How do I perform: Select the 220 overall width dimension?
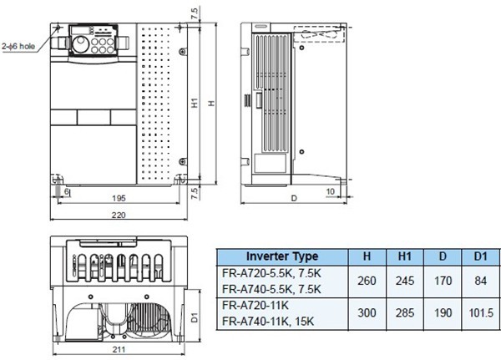[x=118, y=215]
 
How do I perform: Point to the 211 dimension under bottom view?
[x=119, y=352]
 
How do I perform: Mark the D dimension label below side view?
[x=294, y=200]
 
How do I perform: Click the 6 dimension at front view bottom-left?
[x=67, y=191]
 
